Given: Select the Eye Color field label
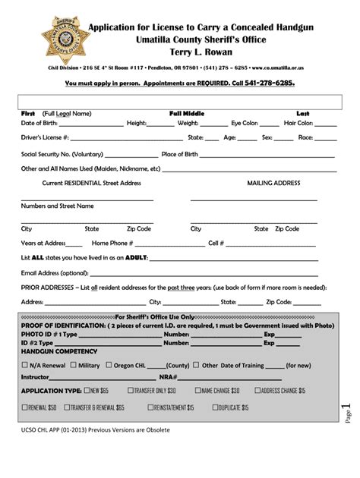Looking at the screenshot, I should point(245,123).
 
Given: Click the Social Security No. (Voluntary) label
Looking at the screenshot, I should point(62,153).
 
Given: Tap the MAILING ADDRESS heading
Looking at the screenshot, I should point(274,184).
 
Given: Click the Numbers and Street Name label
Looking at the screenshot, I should point(57,206).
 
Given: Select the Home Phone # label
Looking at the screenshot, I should point(112,243).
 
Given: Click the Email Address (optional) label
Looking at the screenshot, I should point(55,273).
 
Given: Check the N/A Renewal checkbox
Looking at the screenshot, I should point(24,365).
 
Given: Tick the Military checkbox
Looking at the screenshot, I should point(74,365).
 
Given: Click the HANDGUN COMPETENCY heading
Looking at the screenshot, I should point(58,351).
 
